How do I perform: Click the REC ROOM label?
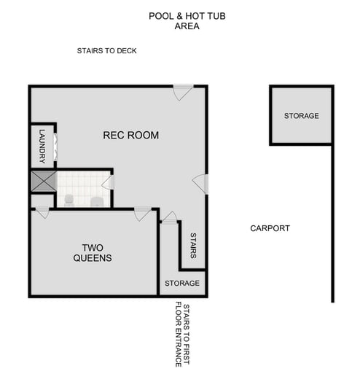130,136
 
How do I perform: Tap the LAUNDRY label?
43,146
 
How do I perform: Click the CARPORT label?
270,228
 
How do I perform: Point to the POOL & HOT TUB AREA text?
187,20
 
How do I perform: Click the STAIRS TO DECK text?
106,51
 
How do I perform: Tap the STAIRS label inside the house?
193,246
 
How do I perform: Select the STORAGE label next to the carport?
301,116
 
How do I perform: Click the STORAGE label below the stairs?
181,283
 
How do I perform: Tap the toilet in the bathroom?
69,199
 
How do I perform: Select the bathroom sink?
96,200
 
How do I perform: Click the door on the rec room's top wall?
182,93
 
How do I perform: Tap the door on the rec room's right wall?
201,184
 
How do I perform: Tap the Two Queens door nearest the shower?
42,212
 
